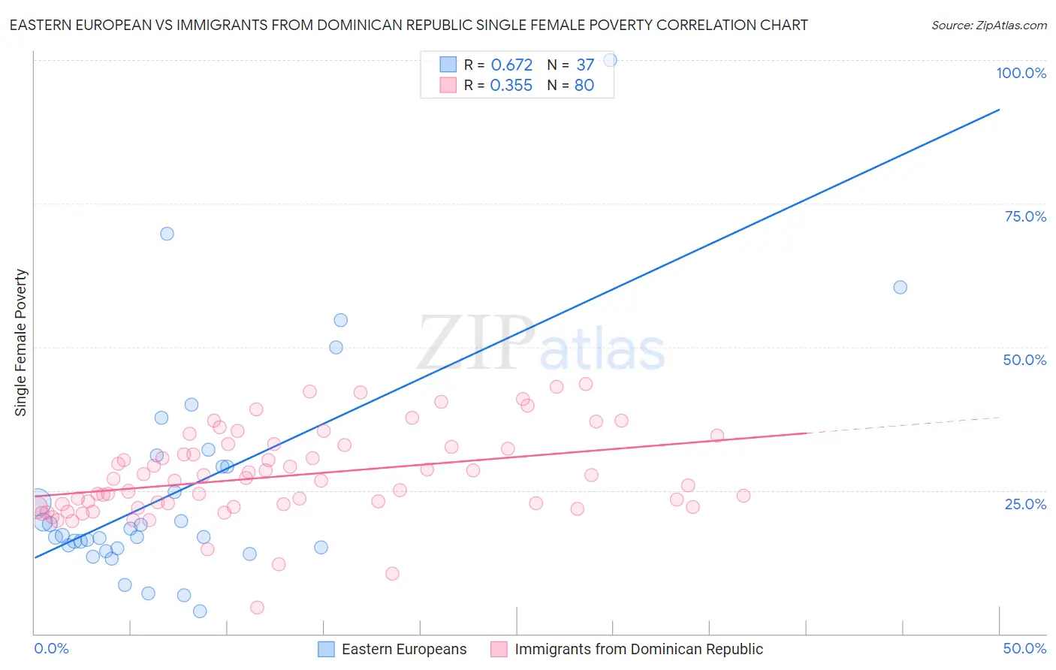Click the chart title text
pyautogui.click(x=409, y=25)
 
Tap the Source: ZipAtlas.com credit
pyautogui.click(x=988, y=25)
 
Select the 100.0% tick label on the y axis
pyautogui.click(x=1021, y=73)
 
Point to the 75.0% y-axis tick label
pyautogui.click(x=1025, y=216)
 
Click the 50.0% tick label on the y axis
pyautogui.click(x=1024, y=360)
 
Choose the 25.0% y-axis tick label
pyautogui.click(x=1025, y=503)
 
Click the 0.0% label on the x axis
pyautogui.click(x=51, y=648)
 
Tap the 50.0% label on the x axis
pyautogui.click(x=1024, y=648)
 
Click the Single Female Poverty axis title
pyautogui.click(x=21, y=343)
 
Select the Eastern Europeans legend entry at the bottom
pyautogui.click(x=404, y=649)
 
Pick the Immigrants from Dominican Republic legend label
pyautogui.click(x=638, y=649)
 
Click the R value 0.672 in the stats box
pyautogui.click(x=511, y=65)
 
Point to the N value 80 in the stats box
pyautogui.click(x=584, y=86)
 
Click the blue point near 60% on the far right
pyautogui.click(x=900, y=287)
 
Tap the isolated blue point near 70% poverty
pyautogui.click(x=167, y=234)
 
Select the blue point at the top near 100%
pyautogui.click(x=610, y=60)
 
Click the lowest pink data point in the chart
pyautogui.click(x=257, y=607)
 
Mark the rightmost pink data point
pyautogui.click(x=744, y=496)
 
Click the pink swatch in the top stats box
pyautogui.click(x=448, y=85)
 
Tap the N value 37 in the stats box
pyautogui.click(x=585, y=65)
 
